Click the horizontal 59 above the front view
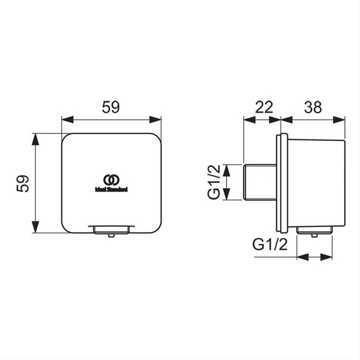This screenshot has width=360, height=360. click(x=111, y=107)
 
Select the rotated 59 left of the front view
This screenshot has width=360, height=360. click(x=22, y=183)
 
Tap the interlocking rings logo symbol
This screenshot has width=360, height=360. click(x=111, y=179)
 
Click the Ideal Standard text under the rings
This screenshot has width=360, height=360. click(x=111, y=189)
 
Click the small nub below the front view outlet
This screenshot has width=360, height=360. click(x=111, y=235)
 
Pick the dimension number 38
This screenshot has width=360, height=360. click(x=313, y=107)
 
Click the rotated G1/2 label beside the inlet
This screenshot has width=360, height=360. click(x=213, y=183)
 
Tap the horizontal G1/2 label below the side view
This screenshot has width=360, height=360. click(x=271, y=245)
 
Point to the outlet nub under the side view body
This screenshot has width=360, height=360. click(x=314, y=235)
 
